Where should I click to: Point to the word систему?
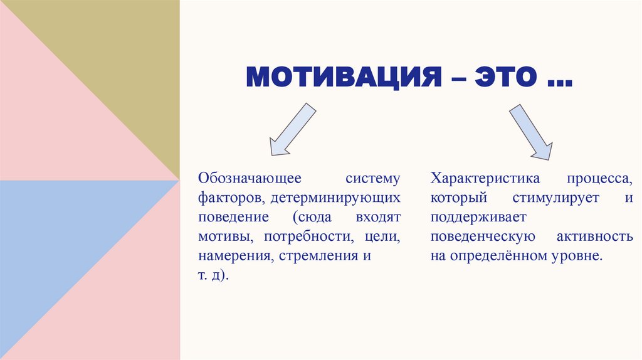(372, 179)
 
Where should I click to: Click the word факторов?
(225, 199)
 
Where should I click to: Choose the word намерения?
(227, 257)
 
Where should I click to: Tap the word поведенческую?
(482, 238)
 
